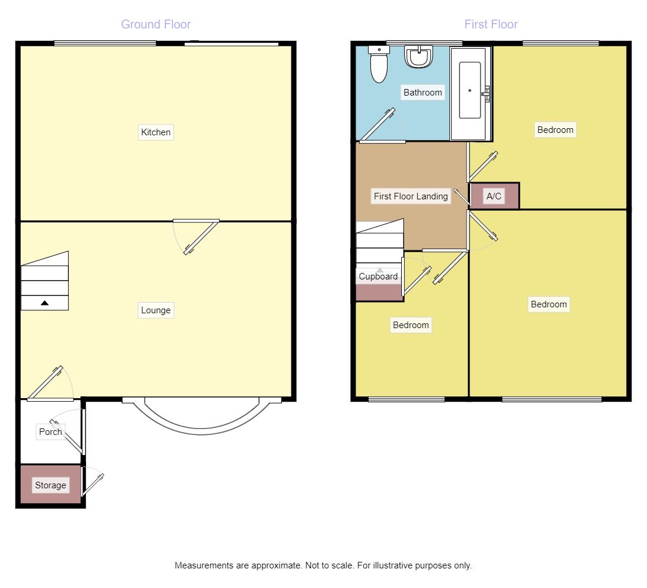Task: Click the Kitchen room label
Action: pos(156,132)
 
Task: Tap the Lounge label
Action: pos(156,310)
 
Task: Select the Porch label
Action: pos(50,432)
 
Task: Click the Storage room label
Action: pos(50,485)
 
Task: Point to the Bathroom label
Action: pos(423,93)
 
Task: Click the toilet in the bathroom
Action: pos(378,65)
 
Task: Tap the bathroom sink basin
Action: pos(418,57)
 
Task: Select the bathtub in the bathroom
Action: pos(470,92)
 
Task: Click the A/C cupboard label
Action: pos(494,196)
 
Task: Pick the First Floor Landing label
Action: pos(411,196)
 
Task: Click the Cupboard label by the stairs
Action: pos(378,276)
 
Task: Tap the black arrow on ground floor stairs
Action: pos(45,303)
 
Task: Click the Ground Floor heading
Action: pos(156,24)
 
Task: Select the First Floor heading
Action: pos(491,24)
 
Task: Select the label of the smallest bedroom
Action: pos(411,325)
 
